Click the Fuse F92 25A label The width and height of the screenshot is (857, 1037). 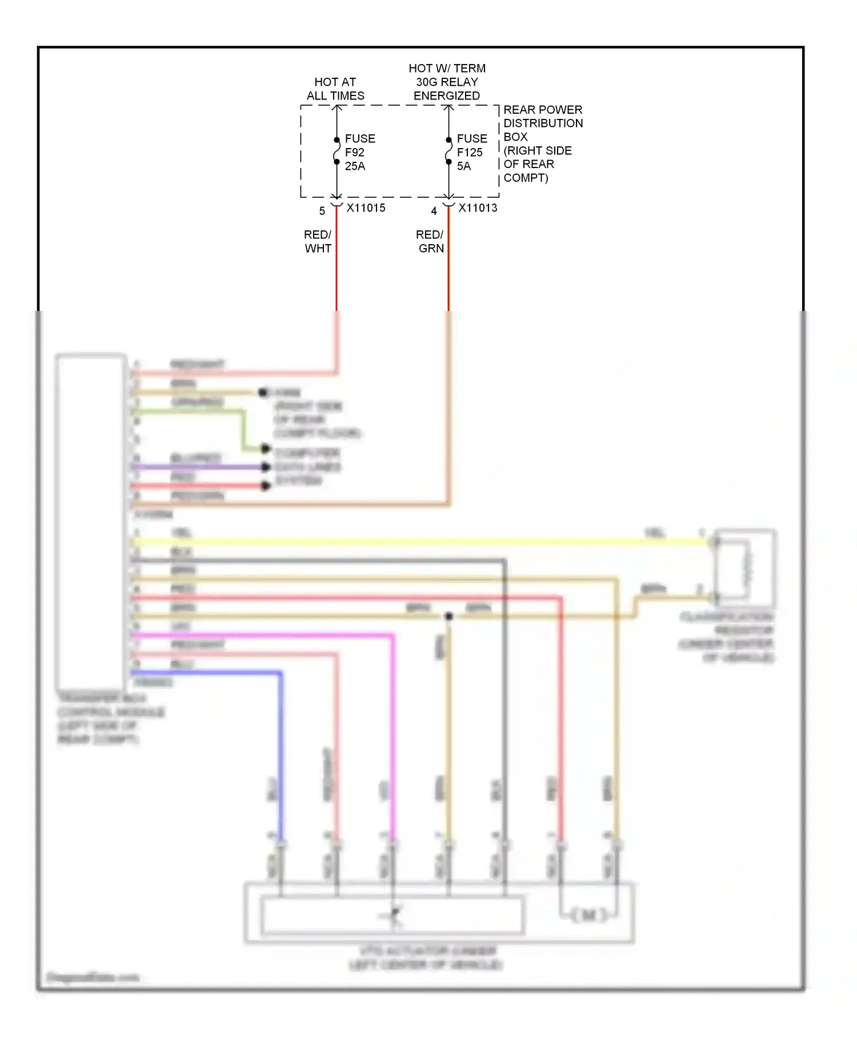tap(359, 152)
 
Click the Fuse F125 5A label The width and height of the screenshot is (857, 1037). tap(471, 152)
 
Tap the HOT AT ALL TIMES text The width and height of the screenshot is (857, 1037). tap(335, 89)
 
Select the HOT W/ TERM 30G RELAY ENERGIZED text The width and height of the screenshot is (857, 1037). tap(447, 82)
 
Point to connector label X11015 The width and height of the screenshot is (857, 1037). tap(366, 208)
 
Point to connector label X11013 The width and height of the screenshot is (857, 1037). tap(478, 208)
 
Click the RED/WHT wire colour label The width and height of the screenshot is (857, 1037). tap(318, 241)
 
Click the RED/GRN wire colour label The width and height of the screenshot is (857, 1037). tap(430, 241)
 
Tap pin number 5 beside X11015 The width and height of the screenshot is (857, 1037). tap(322, 212)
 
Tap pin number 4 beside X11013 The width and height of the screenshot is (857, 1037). tap(434, 212)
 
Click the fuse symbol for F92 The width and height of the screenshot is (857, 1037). tap(337, 151)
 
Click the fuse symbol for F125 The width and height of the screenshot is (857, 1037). tap(449, 151)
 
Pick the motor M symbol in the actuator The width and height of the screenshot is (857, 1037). tap(588, 915)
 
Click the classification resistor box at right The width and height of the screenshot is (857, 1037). tap(745, 568)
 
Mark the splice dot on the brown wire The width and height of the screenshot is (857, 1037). tap(449, 616)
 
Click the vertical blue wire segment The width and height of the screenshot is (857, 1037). tap(281, 755)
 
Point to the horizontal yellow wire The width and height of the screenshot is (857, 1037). tap(400, 541)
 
